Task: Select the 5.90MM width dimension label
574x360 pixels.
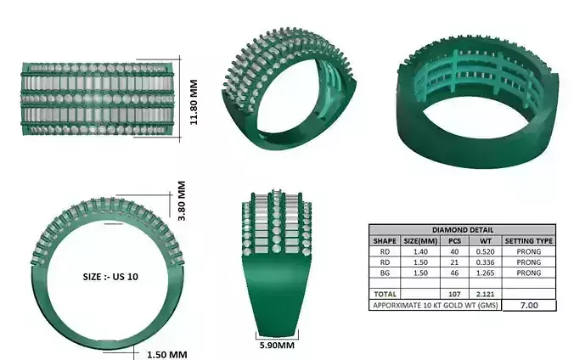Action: click(x=277, y=346)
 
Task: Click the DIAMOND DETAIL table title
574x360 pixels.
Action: click(x=462, y=230)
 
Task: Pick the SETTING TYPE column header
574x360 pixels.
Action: click(x=529, y=241)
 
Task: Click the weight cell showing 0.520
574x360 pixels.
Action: click(x=486, y=252)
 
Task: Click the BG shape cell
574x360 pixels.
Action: click(x=385, y=273)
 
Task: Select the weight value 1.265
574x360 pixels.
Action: click(x=486, y=273)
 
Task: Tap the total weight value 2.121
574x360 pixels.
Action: click(x=486, y=294)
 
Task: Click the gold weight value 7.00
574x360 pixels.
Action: click(x=529, y=305)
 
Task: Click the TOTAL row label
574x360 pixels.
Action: click(x=385, y=294)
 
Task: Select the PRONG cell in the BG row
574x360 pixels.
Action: click(x=529, y=273)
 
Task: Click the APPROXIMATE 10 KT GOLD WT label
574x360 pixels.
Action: click(x=436, y=305)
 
